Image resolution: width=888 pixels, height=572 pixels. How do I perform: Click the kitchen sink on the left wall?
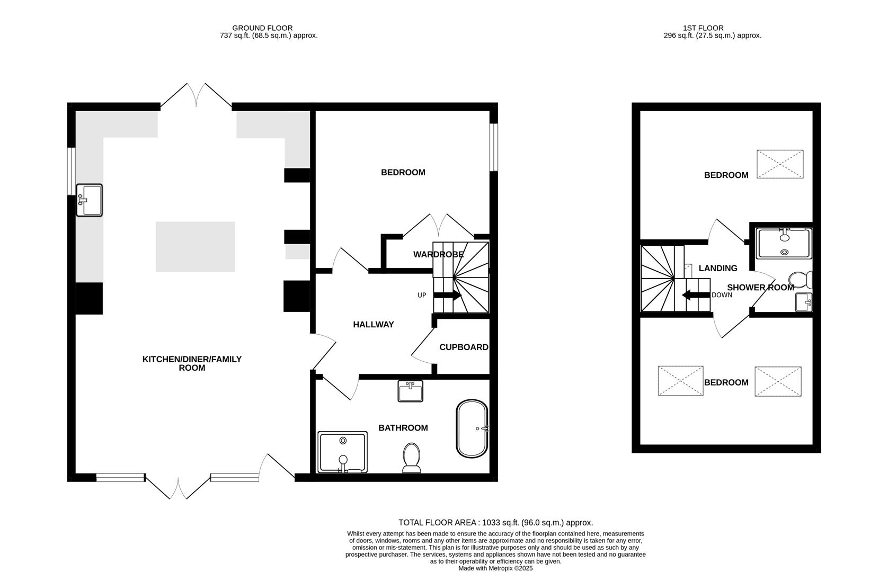(89, 200)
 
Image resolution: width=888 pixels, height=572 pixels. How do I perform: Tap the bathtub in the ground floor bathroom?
(472, 428)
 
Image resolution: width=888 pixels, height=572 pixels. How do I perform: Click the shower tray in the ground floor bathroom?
(342, 452)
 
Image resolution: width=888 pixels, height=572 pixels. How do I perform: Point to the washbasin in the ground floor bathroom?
(410, 391)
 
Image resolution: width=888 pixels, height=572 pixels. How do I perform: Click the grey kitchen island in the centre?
(195, 247)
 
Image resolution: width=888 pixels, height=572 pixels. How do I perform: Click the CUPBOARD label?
(464, 347)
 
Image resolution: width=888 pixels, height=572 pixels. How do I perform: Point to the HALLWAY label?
(374, 325)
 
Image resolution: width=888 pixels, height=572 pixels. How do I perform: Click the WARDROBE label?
(439, 255)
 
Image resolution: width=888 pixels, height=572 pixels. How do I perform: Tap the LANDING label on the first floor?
(717, 269)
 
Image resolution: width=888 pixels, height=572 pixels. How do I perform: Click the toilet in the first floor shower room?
(800, 279)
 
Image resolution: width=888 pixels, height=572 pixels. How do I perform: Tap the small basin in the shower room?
(803, 302)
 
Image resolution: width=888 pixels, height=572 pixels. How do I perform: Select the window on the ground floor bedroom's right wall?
(493, 147)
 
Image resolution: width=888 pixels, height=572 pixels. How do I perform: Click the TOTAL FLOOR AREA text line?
(495, 523)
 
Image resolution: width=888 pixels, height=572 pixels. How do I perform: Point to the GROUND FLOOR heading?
(262, 28)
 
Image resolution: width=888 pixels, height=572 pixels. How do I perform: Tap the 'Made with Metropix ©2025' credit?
(495, 568)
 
